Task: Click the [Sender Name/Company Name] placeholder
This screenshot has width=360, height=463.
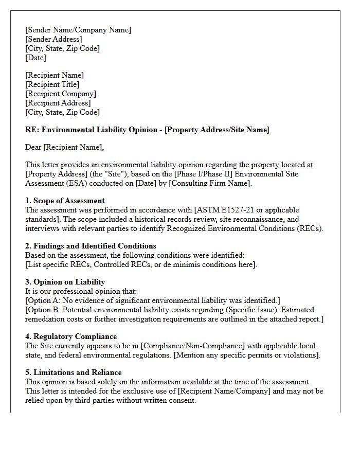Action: pyautogui.click(x=78, y=30)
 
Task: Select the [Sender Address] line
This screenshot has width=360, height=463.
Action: pyautogui.click(x=53, y=39)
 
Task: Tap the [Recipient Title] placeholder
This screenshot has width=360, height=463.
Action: pyautogui.click(x=52, y=84)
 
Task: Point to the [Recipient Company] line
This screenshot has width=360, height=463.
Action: pyautogui.click(x=61, y=94)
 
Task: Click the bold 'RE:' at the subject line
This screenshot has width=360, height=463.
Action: pyautogui.click(x=32, y=130)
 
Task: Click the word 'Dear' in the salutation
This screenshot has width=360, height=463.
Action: pyautogui.click(x=33, y=147)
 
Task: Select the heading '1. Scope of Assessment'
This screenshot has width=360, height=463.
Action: pyautogui.click(x=65, y=201)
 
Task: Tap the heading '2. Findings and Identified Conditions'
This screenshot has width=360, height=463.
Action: pyautogui.click(x=91, y=246)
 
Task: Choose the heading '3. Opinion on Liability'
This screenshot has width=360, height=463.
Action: pyautogui.click(x=65, y=282)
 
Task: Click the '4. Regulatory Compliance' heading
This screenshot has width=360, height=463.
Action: pyautogui.click(x=71, y=336)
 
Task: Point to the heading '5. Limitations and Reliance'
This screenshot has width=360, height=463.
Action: pyautogui.click(x=74, y=372)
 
